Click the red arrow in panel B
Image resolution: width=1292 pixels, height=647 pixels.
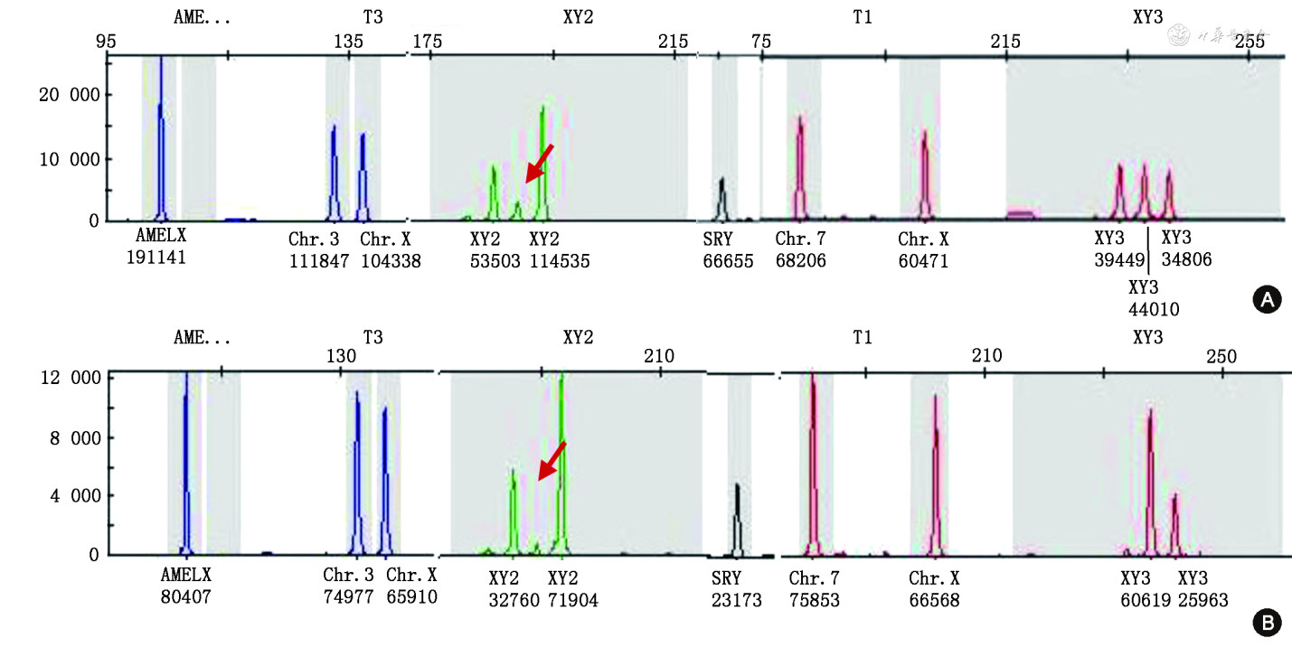[x=552, y=460]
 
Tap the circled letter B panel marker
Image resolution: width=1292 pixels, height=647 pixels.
[x=1266, y=622]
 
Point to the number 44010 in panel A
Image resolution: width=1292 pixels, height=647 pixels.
[x=1155, y=309]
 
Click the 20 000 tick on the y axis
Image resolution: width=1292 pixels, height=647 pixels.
[x=60, y=95]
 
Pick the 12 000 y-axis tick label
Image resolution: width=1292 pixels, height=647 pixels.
[x=60, y=378]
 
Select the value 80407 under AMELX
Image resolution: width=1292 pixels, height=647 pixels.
[x=186, y=597]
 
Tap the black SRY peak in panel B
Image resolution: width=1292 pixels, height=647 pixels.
[x=738, y=520]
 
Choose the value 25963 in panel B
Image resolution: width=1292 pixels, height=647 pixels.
[x=1202, y=599]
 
